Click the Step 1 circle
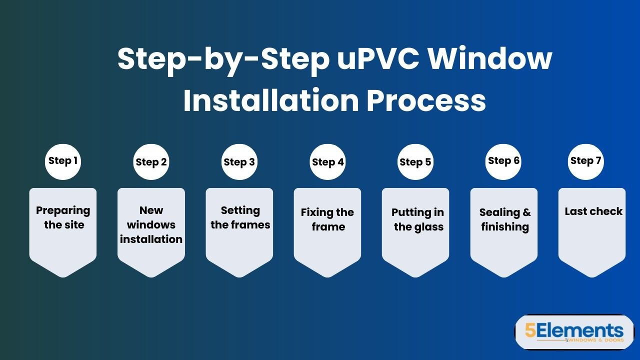pyautogui.click(x=63, y=161)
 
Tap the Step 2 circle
pyautogui.click(x=151, y=162)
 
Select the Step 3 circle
pyautogui.click(x=239, y=162)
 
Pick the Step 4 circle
pyautogui.click(x=327, y=162)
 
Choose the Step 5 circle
pyautogui.click(x=415, y=162)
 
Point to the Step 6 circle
pyautogui.click(x=503, y=161)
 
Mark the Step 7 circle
pyautogui.click(x=585, y=161)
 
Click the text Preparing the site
pyautogui.click(x=63, y=217)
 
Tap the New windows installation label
pyautogui.click(x=151, y=224)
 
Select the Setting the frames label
pyautogui.click(x=240, y=217)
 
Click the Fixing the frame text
pyautogui.click(x=327, y=219)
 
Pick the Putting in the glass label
pyautogui.click(x=418, y=219)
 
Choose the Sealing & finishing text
pyautogui.click(x=505, y=219)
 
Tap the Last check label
pyautogui.click(x=593, y=211)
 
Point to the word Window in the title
pyautogui.click(x=491, y=59)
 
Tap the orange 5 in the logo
pyautogui.click(x=530, y=330)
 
